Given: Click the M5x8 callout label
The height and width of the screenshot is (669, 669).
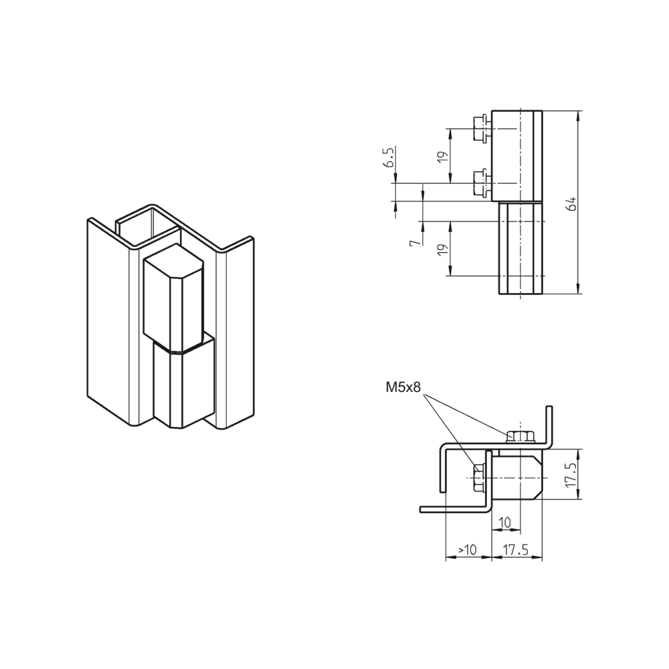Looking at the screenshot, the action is (403, 387).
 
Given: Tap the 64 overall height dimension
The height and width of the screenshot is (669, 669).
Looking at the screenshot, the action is (571, 203).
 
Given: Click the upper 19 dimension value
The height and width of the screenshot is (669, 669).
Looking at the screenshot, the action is (444, 156).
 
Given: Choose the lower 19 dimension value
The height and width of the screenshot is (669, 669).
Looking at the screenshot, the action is (444, 249).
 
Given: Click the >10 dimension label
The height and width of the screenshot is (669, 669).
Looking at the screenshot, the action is (467, 550).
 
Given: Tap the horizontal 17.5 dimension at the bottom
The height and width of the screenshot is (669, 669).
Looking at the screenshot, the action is (515, 550).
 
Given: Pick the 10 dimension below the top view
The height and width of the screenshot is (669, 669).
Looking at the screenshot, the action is (504, 522).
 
